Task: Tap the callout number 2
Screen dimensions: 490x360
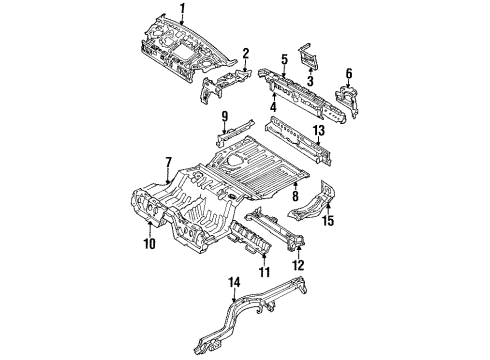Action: click(246, 54)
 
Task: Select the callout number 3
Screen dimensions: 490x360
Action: click(311, 81)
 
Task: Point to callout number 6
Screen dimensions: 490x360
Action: click(349, 73)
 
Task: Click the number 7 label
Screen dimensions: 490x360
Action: click(168, 163)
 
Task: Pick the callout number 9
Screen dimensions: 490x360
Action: click(225, 117)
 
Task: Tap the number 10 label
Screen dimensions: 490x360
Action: click(150, 244)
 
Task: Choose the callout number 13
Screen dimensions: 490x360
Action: click(319, 131)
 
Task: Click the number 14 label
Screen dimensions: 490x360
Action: click(234, 283)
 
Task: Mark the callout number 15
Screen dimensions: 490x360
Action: click(328, 221)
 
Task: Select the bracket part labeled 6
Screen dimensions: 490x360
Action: click(348, 100)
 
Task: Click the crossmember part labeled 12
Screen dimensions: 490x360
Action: click(275, 229)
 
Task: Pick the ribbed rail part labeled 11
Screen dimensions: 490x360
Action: click(248, 238)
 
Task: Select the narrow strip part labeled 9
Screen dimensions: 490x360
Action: click(233, 131)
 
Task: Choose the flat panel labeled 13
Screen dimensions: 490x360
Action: click(298, 141)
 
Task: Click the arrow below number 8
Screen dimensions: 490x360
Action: click(295, 185)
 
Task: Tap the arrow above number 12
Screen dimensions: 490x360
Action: click(299, 252)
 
